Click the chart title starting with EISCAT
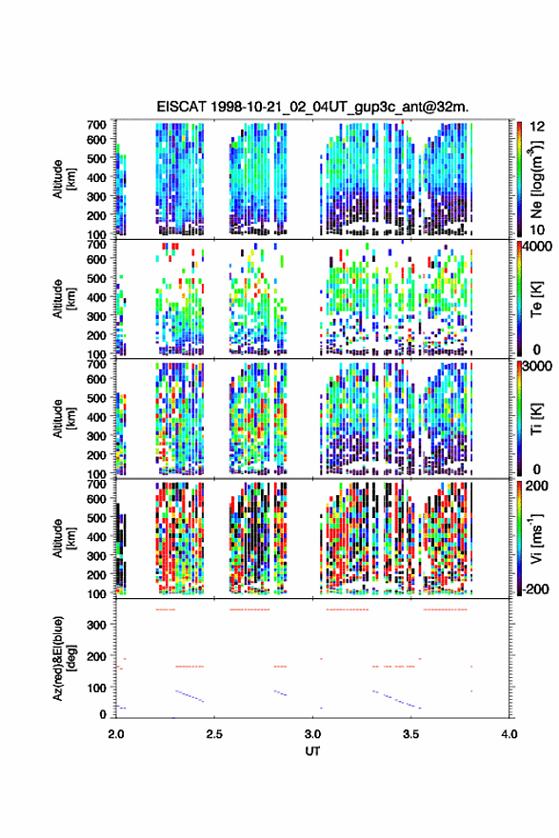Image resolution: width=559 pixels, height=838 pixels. tap(312, 107)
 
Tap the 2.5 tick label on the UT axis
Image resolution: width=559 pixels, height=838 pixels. tap(214, 734)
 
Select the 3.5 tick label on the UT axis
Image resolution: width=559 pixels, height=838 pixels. tap(411, 734)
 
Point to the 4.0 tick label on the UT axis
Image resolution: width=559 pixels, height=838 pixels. tap(509, 734)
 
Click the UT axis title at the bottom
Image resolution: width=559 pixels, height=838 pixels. tap(312, 751)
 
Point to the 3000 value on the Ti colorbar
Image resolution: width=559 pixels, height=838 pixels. tap(538, 367)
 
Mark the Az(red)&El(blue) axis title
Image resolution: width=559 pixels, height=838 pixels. tap(63, 658)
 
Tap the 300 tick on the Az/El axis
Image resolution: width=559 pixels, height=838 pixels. tap(97, 625)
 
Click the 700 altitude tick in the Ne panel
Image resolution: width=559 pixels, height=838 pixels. tap(97, 125)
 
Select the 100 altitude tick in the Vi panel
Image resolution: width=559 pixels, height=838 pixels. tap(97, 593)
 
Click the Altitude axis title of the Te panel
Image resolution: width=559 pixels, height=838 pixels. tap(63, 299)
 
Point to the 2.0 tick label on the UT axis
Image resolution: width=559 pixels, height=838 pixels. tap(116, 734)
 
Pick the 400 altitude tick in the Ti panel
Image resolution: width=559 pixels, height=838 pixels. tap(97, 417)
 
